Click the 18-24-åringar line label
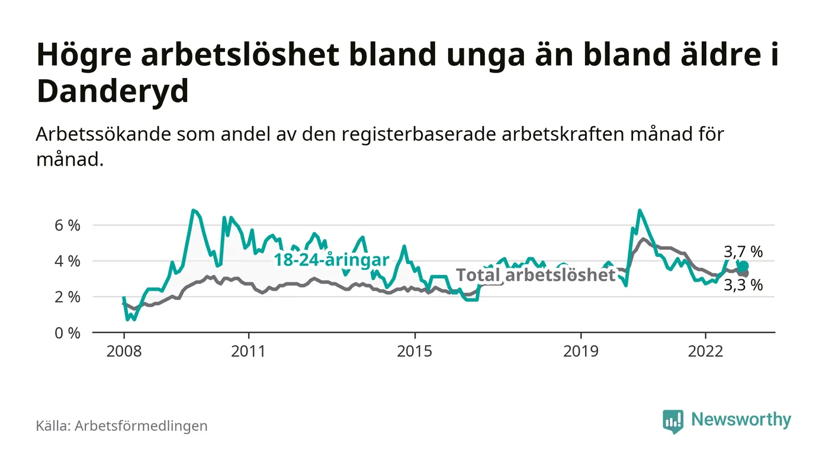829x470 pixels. click(331, 260)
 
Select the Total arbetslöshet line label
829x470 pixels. click(536, 275)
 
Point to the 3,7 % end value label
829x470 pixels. click(743, 252)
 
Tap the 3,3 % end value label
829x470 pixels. click(743, 285)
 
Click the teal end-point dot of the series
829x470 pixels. click(744, 266)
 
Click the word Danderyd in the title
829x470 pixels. click(113, 92)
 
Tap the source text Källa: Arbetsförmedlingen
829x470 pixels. click(121, 426)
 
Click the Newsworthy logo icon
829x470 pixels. click(673, 421)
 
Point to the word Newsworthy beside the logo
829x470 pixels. click(741, 420)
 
